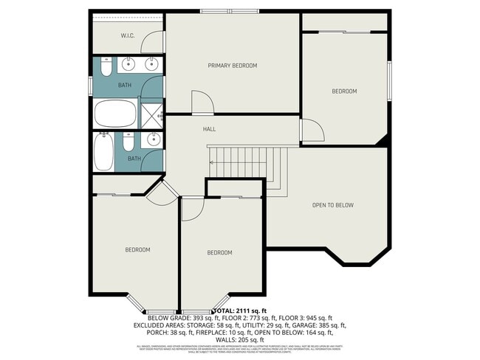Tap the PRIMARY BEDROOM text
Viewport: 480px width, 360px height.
tap(233, 66)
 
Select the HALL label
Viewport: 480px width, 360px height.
tap(209, 129)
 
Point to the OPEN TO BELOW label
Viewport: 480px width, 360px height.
tap(332, 205)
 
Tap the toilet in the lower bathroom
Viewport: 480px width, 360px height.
tap(128, 142)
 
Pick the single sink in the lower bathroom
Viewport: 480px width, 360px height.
tap(154, 139)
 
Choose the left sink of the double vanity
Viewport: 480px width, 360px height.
tap(127, 63)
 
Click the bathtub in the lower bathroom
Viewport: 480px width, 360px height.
tap(104, 152)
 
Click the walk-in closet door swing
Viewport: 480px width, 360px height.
tap(154, 43)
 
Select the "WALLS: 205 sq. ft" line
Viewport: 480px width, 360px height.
tap(240, 339)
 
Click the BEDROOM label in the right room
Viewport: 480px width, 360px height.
tap(344, 91)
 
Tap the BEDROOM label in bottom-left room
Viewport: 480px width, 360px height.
tap(137, 249)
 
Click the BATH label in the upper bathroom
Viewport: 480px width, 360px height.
tap(125, 86)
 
